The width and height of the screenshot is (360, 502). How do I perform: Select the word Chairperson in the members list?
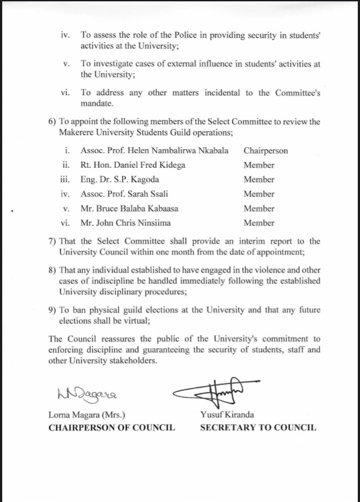(266, 151)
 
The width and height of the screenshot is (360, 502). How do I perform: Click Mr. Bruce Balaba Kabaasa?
(129, 209)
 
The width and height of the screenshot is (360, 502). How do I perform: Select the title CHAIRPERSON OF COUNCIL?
(112, 428)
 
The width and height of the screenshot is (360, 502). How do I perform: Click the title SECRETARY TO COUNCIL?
(258, 428)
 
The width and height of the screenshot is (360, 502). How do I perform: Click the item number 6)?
(53, 122)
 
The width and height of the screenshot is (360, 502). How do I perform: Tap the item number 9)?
(53, 310)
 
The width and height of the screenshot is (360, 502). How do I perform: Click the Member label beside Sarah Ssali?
(259, 194)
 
